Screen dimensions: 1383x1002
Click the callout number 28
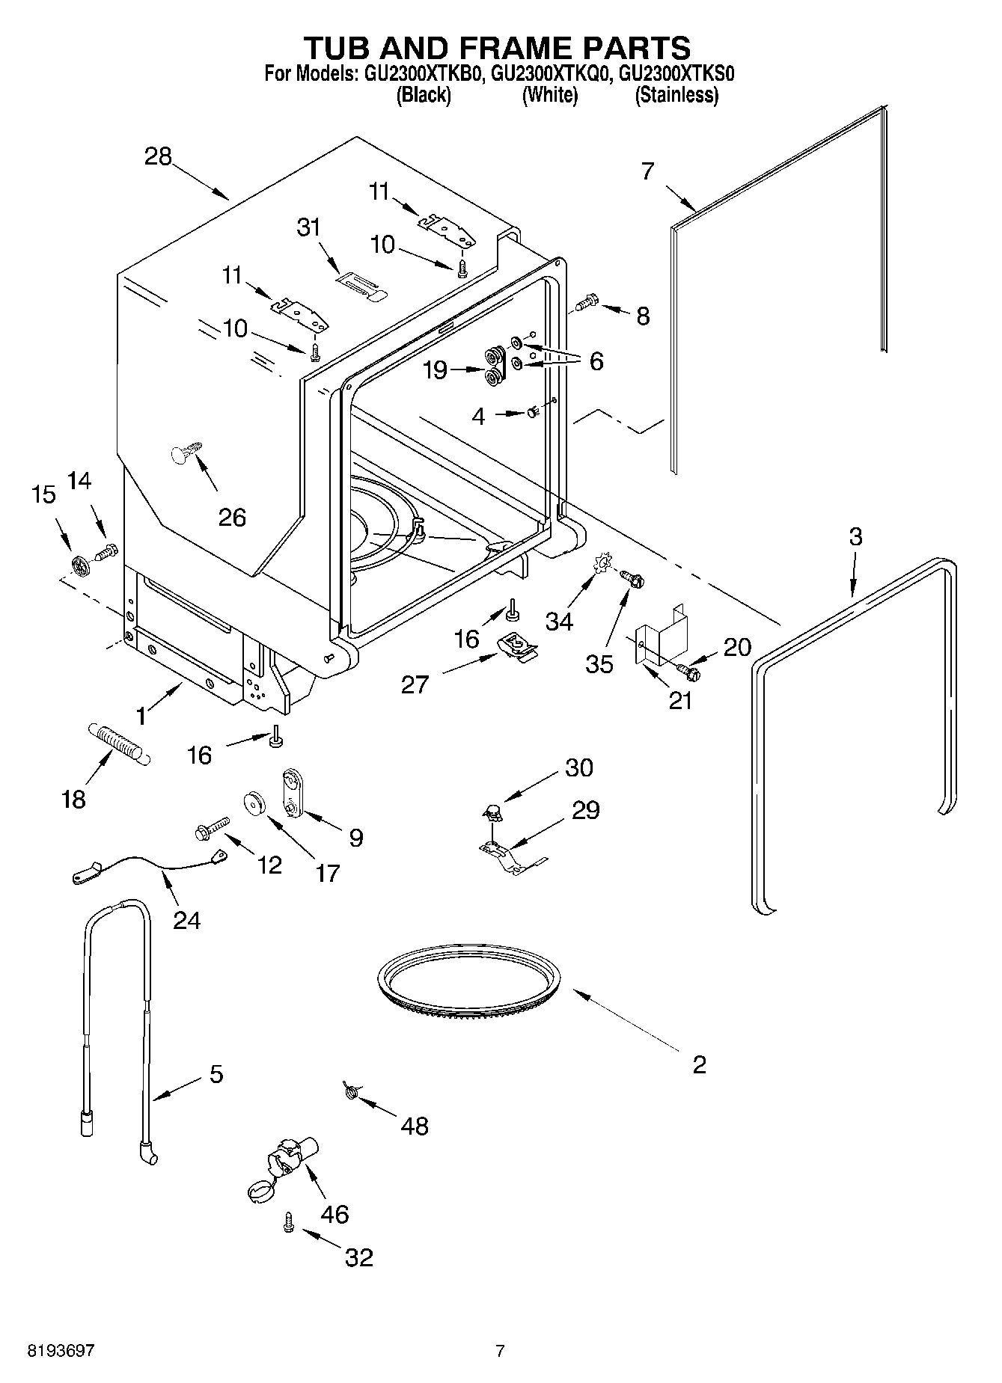pyautogui.click(x=159, y=156)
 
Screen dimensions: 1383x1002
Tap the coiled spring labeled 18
pyautogui.click(x=120, y=741)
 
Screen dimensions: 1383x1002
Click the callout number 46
pyautogui.click(x=334, y=1213)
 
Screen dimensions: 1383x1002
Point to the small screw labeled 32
pyautogui.click(x=288, y=1223)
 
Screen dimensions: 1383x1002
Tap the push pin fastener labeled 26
pyautogui.click(x=183, y=453)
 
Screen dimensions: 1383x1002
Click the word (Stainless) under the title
pyautogui.click(x=676, y=95)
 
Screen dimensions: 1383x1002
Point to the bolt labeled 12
pyautogui.click(x=212, y=829)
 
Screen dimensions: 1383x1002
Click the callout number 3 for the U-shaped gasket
pyautogui.click(x=855, y=536)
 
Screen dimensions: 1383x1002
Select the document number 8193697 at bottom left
pyautogui.click(x=61, y=1351)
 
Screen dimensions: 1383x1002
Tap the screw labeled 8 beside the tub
pyautogui.click(x=587, y=303)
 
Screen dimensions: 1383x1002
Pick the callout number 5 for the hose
pyautogui.click(x=216, y=1075)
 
